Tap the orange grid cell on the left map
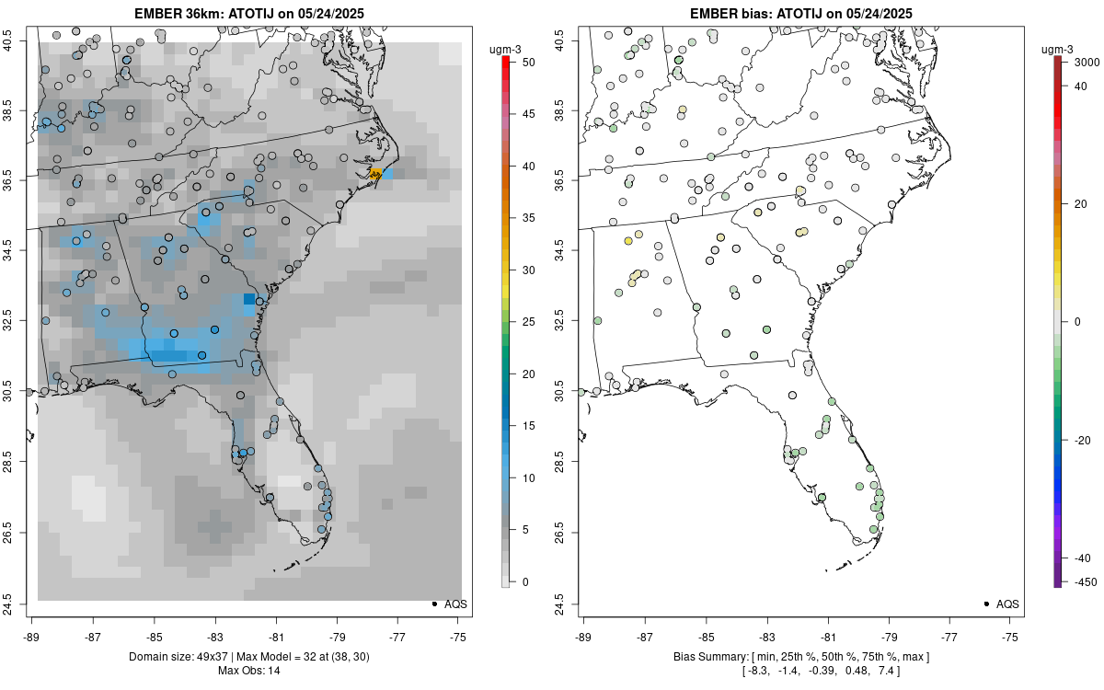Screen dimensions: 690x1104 [x=375, y=173]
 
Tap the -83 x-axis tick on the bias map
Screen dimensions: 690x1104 [x=766, y=636]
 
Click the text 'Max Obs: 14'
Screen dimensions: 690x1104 [x=248, y=670]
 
